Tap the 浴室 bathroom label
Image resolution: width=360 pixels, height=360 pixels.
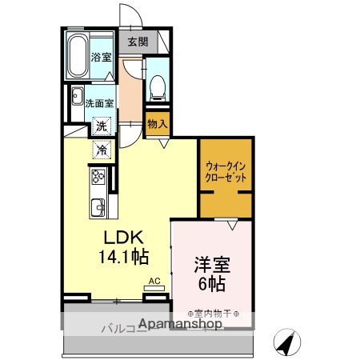pos(100,57)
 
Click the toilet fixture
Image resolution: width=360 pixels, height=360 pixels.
pos(158,85)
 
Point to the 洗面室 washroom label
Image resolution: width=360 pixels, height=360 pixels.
pos(100,102)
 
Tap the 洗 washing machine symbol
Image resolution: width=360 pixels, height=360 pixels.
pos(102,125)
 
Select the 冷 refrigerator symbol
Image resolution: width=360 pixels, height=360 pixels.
pos(102,149)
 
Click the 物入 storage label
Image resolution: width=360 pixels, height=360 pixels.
pos(158,123)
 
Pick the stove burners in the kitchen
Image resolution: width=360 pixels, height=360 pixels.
pos(98,176)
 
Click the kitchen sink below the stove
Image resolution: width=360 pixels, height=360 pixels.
pos(97,205)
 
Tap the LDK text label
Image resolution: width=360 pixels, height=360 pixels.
pos(122,238)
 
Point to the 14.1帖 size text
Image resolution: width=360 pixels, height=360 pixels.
pos(122,257)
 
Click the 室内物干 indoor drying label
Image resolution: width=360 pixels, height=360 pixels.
pos(211,314)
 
